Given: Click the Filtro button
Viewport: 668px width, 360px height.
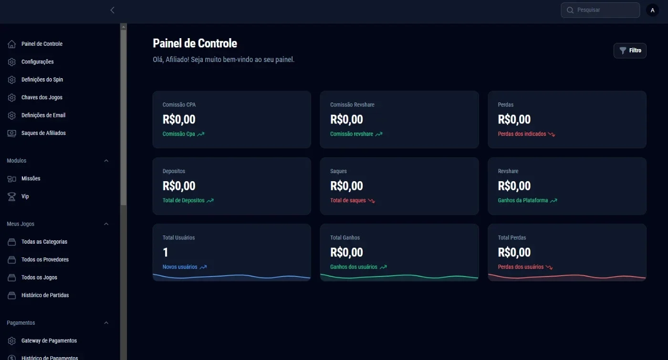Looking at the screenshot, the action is (630, 51).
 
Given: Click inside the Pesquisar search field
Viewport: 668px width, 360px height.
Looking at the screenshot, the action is (600, 10).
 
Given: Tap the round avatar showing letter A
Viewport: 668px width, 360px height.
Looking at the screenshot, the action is (653, 10).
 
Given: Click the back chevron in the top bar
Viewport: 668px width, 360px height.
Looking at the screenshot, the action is (112, 10).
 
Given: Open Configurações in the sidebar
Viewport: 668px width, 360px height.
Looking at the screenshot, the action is (37, 62).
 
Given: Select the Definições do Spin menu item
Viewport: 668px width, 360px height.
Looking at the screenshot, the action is (42, 80).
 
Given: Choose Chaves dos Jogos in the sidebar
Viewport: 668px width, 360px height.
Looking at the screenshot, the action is (42, 97).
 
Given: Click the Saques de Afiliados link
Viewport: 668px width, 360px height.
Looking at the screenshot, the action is (43, 133).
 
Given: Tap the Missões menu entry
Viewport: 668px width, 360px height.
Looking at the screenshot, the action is (31, 178).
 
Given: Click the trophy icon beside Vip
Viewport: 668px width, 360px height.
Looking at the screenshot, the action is (11, 196).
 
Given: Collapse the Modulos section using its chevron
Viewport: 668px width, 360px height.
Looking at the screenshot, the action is (106, 161).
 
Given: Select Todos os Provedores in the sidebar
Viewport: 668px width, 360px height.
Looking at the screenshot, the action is (45, 259).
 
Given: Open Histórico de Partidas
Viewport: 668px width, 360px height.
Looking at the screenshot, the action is (45, 295).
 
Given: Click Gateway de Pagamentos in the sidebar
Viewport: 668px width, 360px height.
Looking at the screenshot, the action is (49, 340).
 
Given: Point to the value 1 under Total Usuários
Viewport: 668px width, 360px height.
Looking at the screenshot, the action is (166, 252).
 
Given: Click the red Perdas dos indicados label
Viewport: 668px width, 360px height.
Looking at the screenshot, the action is (522, 134).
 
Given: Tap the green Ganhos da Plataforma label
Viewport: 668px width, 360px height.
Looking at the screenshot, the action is (523, 200).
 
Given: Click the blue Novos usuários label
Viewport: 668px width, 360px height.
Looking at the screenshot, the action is (180, 267).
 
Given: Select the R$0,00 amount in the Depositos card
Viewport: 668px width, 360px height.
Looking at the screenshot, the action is (179, 186).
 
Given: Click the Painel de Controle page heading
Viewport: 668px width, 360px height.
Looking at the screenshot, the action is (195, 43).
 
